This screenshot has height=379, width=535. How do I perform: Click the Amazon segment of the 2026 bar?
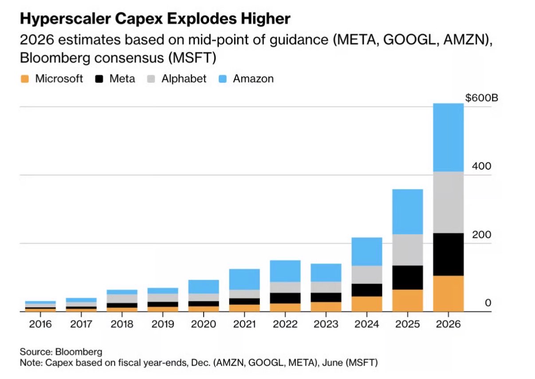coord(448,138)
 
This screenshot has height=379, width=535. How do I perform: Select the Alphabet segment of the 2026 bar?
coord(448,202)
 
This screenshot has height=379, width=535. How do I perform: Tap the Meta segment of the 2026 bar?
coord(448,254)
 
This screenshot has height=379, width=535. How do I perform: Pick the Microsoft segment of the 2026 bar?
coord(448,294)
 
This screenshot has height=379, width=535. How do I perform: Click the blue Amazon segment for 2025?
coord(407,212)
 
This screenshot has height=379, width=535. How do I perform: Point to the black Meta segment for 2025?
coord(407,277)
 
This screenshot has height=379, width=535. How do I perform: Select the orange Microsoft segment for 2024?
coord(366,304)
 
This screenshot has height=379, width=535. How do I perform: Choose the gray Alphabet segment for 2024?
coord(366,275)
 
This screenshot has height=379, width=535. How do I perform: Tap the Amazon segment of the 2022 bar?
coord(285,271)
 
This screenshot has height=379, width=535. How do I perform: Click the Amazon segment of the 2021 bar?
coord(244,280)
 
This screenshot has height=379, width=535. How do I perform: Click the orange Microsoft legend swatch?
coord(25,79)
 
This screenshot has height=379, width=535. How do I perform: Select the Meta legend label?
coord(122,79)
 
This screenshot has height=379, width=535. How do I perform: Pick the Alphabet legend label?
coord(184,79)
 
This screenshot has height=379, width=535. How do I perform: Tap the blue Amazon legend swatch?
coord(223,79)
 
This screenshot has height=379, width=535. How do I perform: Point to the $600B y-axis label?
coord(482,98)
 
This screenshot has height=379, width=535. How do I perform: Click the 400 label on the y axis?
coord(482,166)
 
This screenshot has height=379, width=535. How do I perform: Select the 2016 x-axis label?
coord(40,324)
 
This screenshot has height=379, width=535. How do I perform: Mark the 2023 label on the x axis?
coord(326,324)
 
